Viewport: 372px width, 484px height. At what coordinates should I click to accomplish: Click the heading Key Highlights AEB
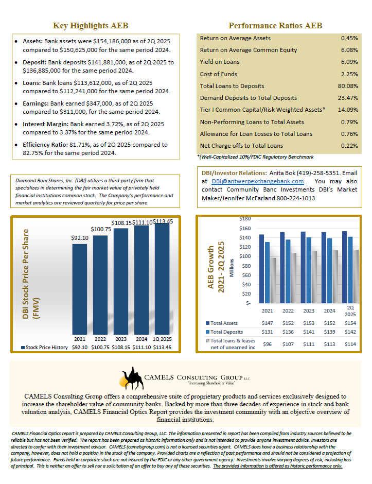point(91,26)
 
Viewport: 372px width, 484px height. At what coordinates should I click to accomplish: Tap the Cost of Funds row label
point(218,74)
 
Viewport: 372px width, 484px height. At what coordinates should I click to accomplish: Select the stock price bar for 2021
point(79,288)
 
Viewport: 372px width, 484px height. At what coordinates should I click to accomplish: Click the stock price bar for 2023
point(121,281)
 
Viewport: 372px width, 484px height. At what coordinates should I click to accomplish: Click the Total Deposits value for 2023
point(309,332)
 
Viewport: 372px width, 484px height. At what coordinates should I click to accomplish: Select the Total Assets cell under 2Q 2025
point(350,323)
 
